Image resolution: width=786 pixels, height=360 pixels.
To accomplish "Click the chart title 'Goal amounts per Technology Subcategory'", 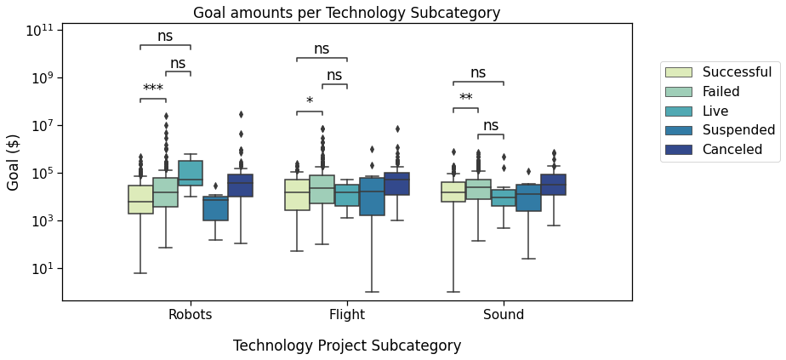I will point(346,13).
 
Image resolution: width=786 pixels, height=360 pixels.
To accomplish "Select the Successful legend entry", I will point(737,72).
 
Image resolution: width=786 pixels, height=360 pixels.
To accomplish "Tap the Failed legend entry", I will point(720,92).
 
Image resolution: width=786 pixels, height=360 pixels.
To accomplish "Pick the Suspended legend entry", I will point(738,130).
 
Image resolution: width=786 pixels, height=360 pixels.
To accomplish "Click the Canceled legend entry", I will point(732,150).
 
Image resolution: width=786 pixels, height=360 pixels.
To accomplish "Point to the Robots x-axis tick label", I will point(190,315).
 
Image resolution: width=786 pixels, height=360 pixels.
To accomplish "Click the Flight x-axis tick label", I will point(347,315).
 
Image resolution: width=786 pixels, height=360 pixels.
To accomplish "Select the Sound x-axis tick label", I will point(504,315).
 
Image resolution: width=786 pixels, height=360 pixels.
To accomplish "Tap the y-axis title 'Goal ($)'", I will point(14,162).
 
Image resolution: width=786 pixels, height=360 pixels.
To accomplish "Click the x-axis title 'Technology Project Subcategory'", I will point(347,346).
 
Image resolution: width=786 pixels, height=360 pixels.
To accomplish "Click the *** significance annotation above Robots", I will point(153,89).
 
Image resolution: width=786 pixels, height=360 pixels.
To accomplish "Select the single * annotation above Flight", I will point(310,102).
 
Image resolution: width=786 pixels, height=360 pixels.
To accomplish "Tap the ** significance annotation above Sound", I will point(466,99).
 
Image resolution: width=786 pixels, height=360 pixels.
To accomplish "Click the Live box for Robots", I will point(190,173).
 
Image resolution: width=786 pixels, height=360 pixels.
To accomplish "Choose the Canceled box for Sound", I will point(553,185).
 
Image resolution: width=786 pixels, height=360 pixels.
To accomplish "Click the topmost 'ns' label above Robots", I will point(165,36).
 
